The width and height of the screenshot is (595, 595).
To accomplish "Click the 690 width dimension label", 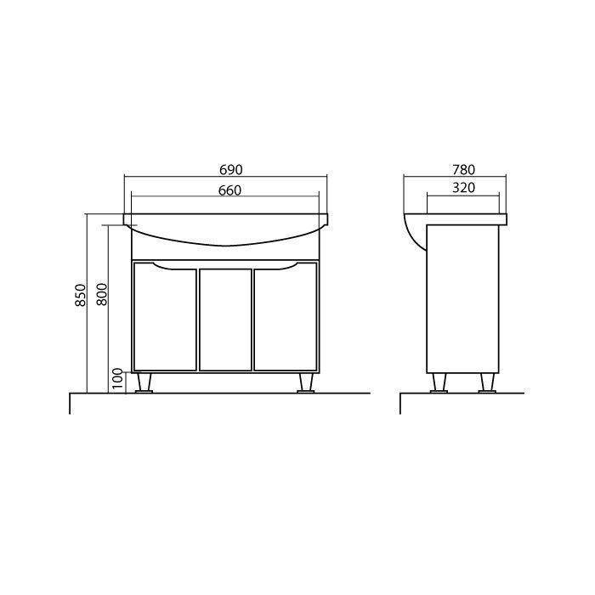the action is pyautogui.click(x=230, y=170).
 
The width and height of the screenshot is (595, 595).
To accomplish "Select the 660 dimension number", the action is pyautogui.click(x=230, y=190).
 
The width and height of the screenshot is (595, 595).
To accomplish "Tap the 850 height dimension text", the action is pyautogui.click(x=81, y=295).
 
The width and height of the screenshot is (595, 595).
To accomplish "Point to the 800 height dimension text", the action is pyautogui.click(x=102, y=294).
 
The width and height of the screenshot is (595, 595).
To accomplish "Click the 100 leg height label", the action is pyautogui.click(x=118, y=379).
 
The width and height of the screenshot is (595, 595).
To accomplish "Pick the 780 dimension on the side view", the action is pyautogui.click(x=463, y=170).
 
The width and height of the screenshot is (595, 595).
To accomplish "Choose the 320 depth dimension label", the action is pyautogui.click(x=464, y=188).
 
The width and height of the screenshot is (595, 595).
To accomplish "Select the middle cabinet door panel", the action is pyautogui.click(x=225, y=320).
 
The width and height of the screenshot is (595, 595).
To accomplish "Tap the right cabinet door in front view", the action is pyautogui.click(x=286, y=316).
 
